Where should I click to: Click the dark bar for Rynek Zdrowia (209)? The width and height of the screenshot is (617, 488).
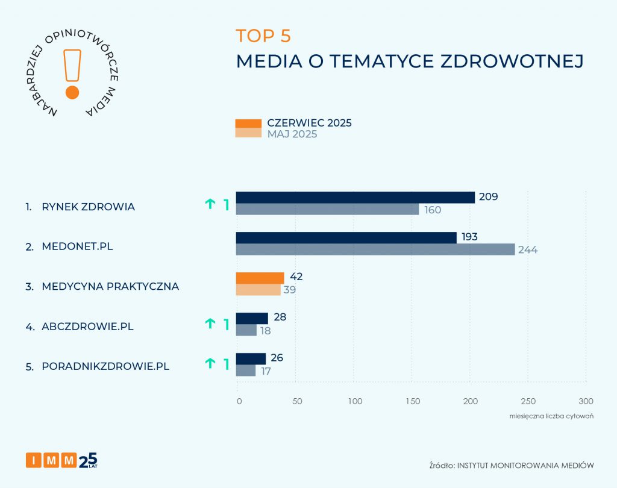(x=355, y=198)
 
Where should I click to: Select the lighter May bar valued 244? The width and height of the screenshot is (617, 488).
(x=375, y=249)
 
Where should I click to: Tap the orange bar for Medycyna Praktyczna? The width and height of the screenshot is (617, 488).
(x=260, y=278)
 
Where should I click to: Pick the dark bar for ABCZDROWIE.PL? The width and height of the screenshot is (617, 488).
(x=252, y=318)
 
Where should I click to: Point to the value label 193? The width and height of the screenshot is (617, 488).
(x=469, y=237)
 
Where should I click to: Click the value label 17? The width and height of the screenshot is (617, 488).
(x=266, y=371)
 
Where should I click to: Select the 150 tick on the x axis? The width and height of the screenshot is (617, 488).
(x=412, y=401)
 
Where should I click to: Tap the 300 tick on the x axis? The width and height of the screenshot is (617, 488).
(x=586, y=401)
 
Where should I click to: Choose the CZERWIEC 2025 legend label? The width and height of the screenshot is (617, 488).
(x=309, y=123)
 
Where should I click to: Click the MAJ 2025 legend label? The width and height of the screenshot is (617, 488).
(x=292, y=134)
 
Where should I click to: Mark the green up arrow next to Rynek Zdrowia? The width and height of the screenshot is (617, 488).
(x=210, y=204)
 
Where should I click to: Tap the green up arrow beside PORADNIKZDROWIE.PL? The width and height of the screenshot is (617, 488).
(x=210, y=363)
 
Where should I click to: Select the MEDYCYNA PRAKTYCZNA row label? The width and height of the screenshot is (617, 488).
(x=110, y=286)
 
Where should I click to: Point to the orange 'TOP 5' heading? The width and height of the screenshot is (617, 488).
(x=263, y=36)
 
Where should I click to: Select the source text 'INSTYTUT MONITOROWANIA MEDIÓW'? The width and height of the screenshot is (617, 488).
(x=526, y=465)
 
